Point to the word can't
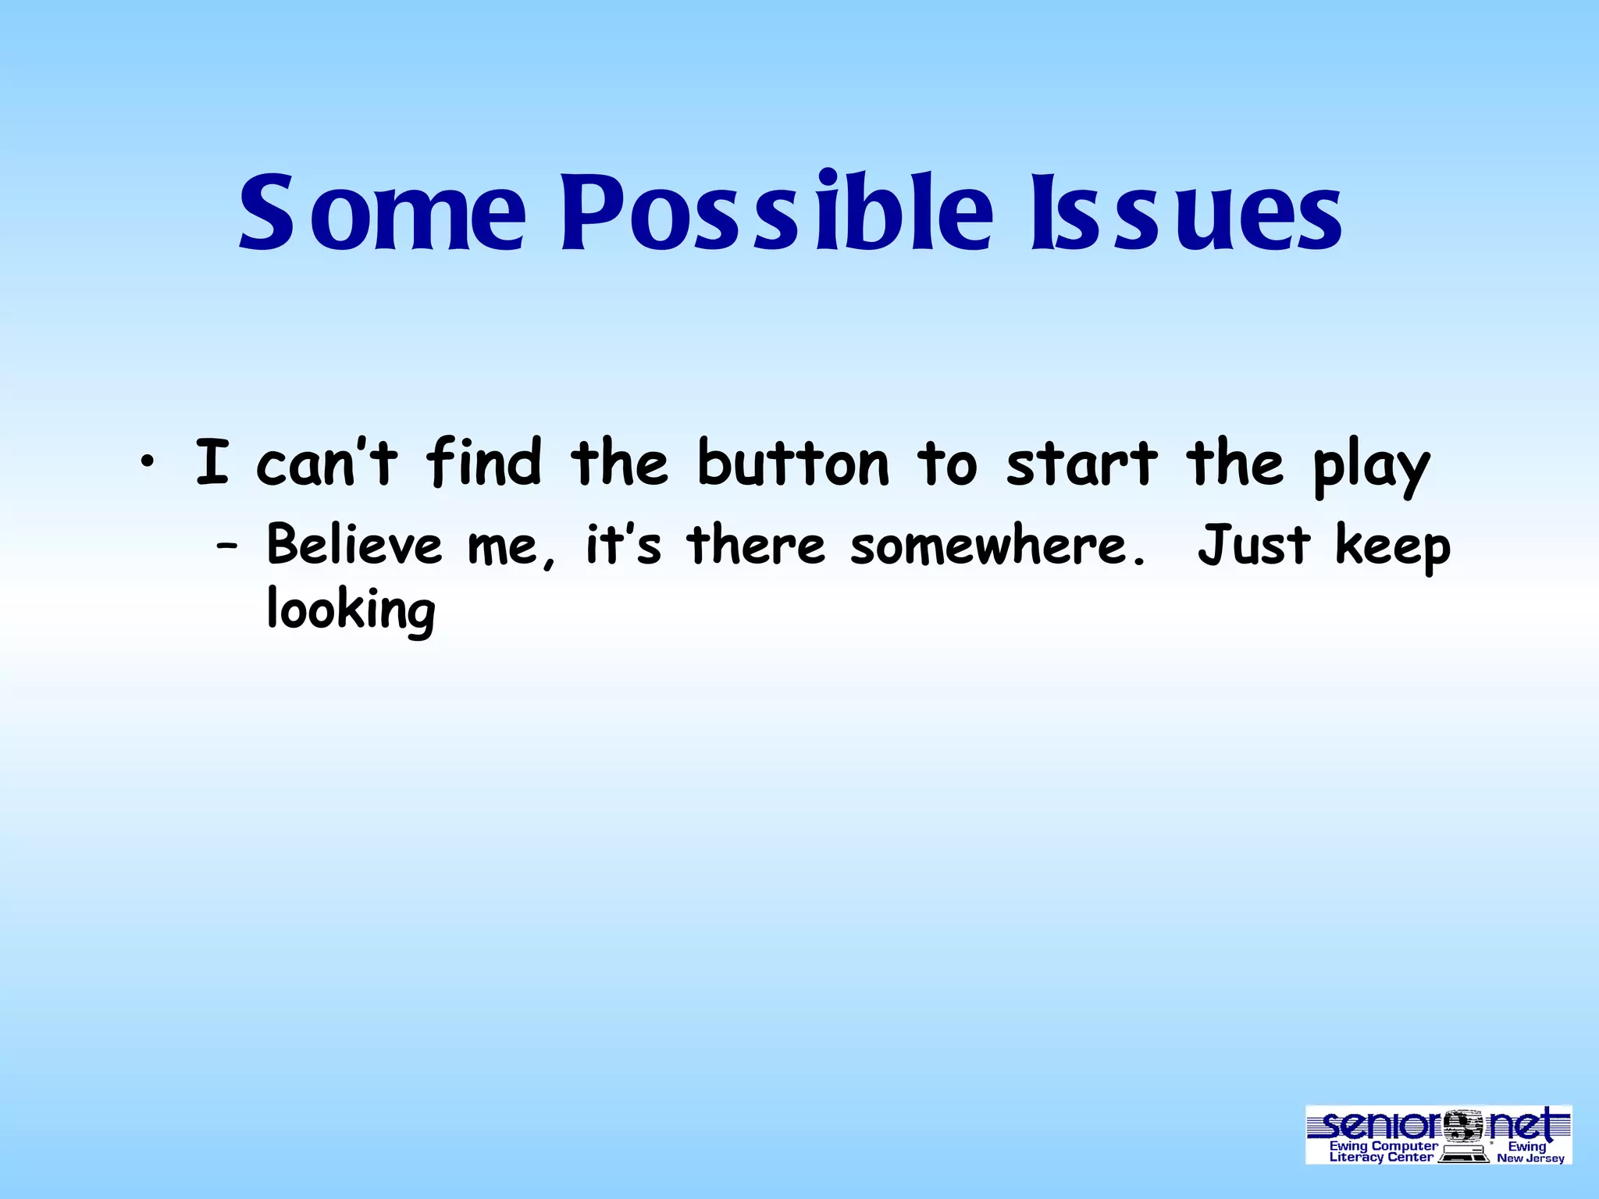click(327, 463)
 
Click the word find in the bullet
click(483, 463)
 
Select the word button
click(792, 463)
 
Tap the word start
click(1081, 463)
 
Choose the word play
click(1371, 467)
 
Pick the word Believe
click(354, 544)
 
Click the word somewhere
click(999, 546)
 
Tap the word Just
click(1253, 544)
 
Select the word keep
click(1393, 547)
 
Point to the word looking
click(351, 611)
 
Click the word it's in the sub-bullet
click(623, 544)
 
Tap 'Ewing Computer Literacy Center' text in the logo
click(1383, 1151)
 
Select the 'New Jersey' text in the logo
click(1530, 1158)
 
